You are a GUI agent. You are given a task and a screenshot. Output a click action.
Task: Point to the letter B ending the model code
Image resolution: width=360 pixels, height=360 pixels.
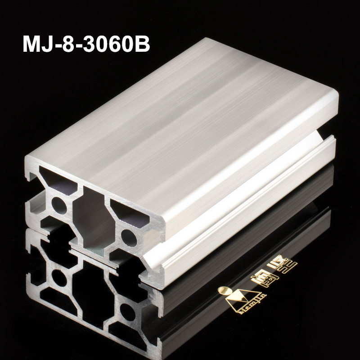click(x=141, y=45)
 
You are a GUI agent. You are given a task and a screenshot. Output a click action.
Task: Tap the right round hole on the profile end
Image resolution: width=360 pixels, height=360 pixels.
click(x=128, y=235)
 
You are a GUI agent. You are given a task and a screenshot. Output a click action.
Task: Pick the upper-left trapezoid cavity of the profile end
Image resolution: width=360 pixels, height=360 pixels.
click(x=56, y=179)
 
